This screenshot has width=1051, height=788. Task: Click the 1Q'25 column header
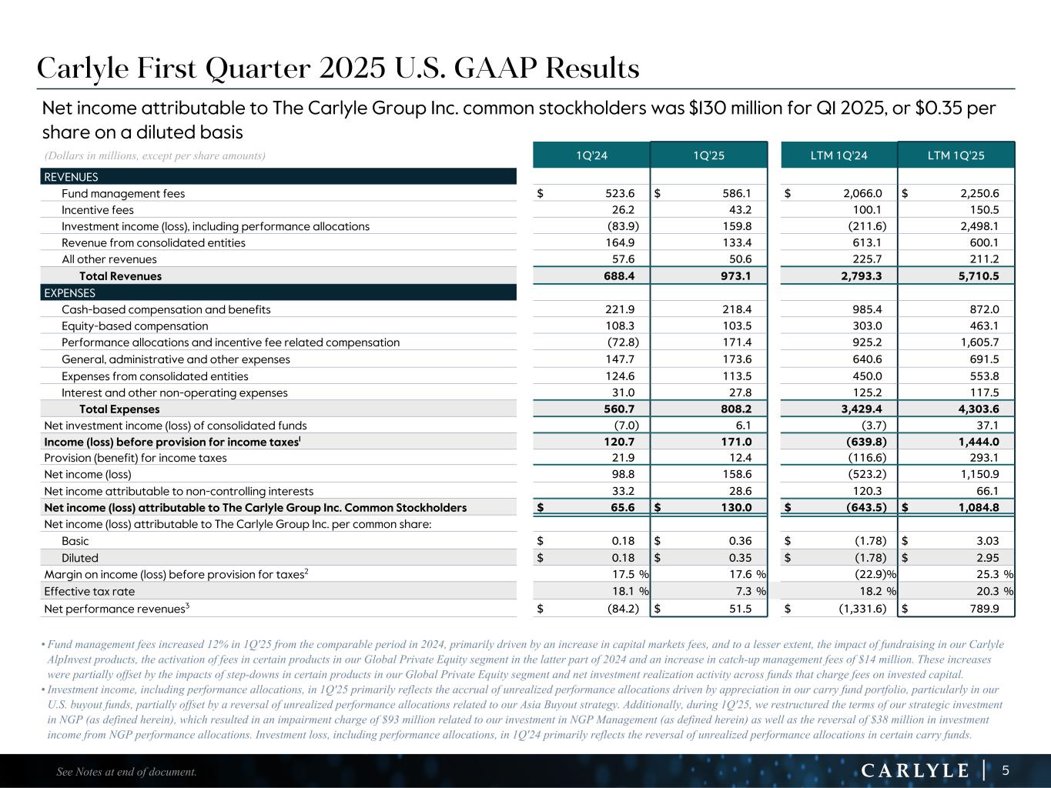point(708,155)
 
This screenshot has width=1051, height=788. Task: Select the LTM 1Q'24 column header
point(838,155)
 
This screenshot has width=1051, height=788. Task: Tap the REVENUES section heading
point(72,177)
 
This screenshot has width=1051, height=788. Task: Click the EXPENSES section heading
point(70,293)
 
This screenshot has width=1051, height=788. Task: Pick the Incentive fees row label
point(98,210)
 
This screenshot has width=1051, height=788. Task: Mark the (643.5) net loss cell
point(864,508)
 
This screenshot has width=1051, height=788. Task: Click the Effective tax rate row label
point(89,591)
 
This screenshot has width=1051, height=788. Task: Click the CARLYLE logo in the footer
point(914,770)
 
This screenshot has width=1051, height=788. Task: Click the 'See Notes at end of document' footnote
point(127,772)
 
